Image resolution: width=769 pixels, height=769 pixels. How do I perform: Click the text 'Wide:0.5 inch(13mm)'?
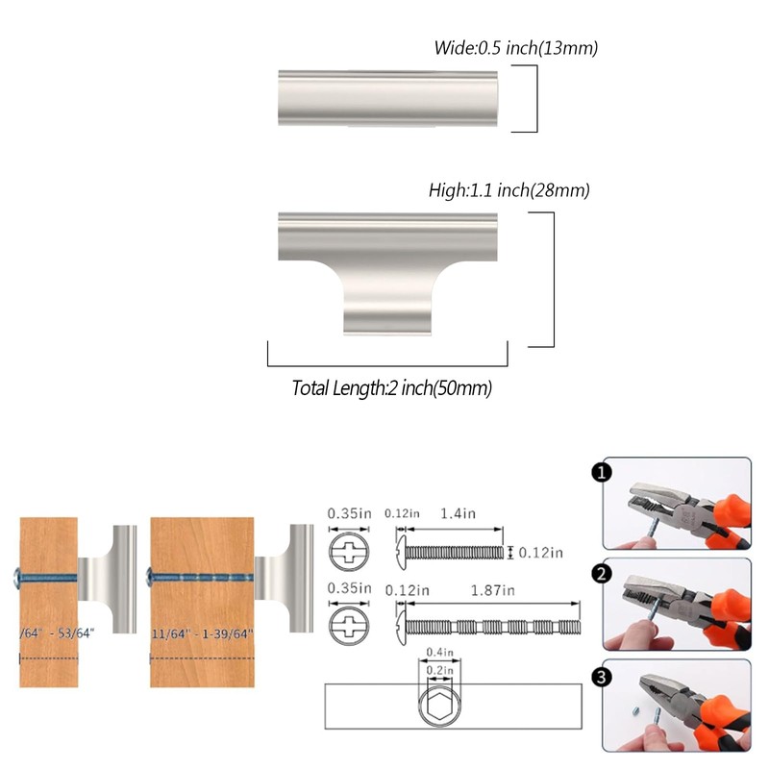pos(516,47)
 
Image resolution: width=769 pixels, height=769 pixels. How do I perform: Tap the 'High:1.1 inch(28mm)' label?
pos(509,190)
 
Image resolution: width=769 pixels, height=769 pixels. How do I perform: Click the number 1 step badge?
pos(601,472)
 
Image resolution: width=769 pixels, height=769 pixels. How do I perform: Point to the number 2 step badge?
pos(601,575)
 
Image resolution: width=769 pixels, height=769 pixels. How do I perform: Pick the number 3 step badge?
pos(601,678)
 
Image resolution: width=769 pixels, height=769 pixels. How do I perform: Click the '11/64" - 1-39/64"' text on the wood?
pos(202,634)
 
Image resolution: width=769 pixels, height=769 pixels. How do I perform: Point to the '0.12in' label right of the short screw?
pos(541,553)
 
